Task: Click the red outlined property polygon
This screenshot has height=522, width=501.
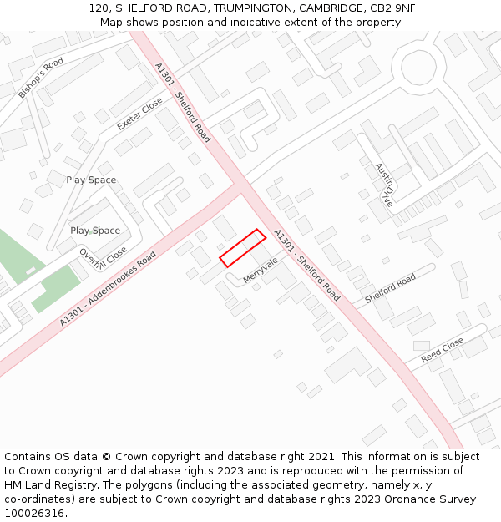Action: (243, 248)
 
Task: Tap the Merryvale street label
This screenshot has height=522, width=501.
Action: (261, 269)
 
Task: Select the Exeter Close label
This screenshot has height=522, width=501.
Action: (140, 114)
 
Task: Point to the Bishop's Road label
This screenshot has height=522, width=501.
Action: (41, 79)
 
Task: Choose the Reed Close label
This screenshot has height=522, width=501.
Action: (442, 349)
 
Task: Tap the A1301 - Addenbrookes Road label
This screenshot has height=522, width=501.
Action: (108, 289)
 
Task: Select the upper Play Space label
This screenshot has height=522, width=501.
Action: (91, 180)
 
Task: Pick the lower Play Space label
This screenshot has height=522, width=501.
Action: (95, 231)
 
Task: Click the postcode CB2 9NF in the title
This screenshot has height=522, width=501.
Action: (393, 8)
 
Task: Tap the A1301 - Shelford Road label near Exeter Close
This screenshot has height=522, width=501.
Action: (183, 102)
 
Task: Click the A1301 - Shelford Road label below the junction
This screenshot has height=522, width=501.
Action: (306, 266)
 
